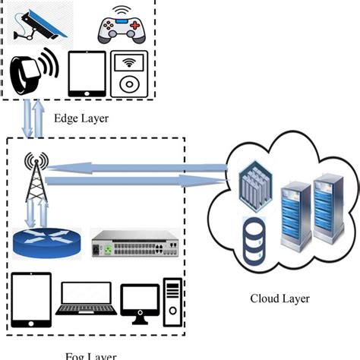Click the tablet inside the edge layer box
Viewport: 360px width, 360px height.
click(x=86, y=74)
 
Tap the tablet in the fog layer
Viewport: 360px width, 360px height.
click(x=32, y=299)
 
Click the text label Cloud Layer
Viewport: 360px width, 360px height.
click(x=281, y=298)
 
